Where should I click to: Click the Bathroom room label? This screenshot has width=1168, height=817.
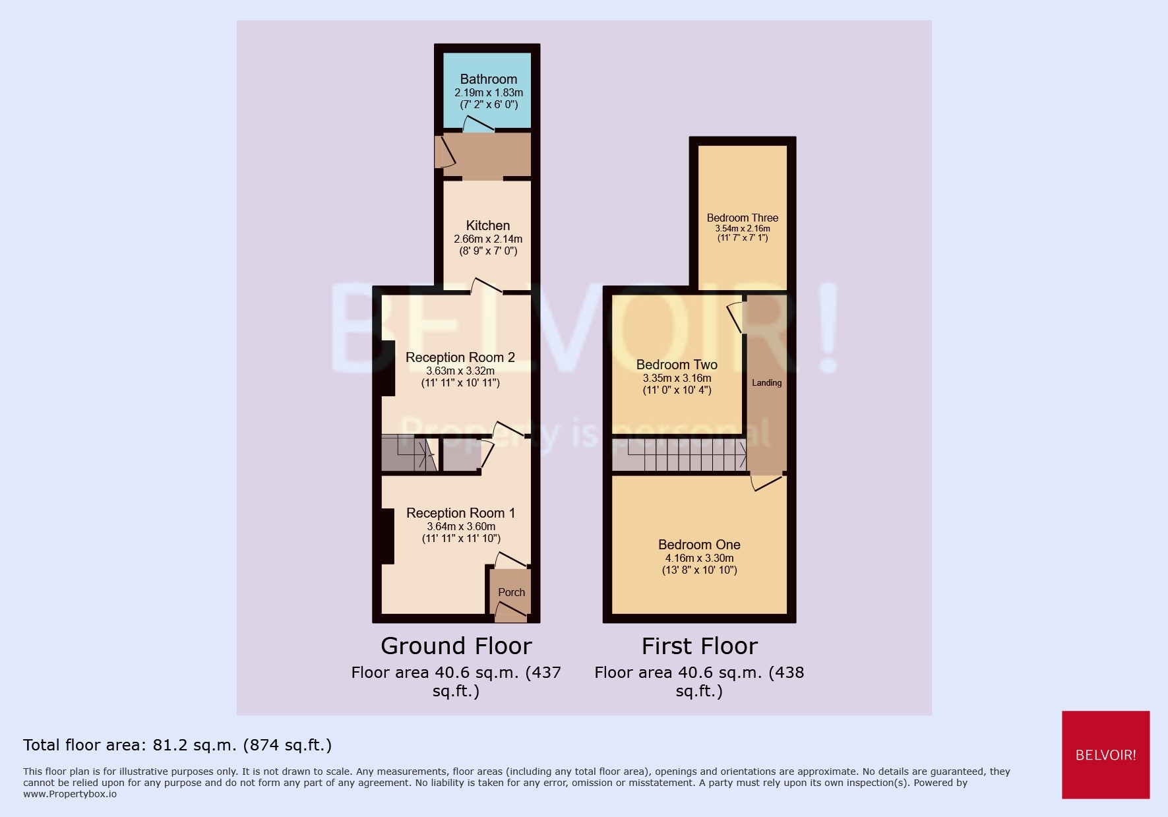click(x=488, y=79)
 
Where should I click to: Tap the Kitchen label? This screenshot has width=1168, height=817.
click(x=487, y=226)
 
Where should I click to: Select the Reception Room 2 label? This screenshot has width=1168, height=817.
click(x=460, y=357)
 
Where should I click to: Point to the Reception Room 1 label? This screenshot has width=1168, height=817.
click(x=460, y=513)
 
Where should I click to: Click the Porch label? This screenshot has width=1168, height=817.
click(x=511, y=592)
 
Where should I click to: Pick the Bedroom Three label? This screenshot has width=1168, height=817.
click(x=742, y=218)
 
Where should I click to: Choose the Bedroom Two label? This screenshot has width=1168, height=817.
click(x=677, y=365)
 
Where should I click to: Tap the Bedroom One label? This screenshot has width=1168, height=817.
click(x=699, y=545)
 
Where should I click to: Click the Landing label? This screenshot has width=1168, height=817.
click(x=766, y=382)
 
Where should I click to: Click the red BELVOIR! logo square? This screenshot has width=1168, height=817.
click(x=1105, y=754)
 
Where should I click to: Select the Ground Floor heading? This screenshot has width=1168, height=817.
click(x=456, y=646)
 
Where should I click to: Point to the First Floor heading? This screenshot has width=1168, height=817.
click(x=699, y=646)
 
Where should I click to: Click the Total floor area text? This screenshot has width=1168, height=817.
click(x=177, y=745)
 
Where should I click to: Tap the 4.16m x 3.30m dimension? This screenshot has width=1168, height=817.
click(x=699, y=558)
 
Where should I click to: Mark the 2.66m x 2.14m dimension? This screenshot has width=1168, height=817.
click(x=487, y=239)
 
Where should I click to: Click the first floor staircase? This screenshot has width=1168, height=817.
click(x=679, y=454)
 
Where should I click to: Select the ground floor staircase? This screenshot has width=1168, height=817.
click(x=409, y=453)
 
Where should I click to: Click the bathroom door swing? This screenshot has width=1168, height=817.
click(x=477, y=125)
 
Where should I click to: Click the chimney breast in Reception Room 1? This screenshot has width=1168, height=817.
click(x=387, y=536)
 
